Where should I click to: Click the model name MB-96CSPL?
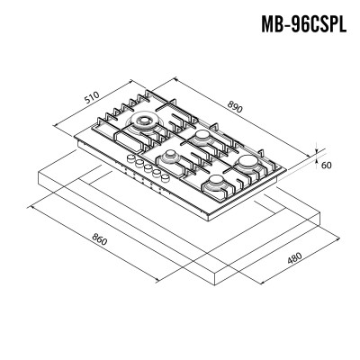[x=303, y=23]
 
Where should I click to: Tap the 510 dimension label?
[x=91, y=97]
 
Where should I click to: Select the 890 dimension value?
[x=235, y=107]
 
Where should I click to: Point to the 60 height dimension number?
[x=326, y=165]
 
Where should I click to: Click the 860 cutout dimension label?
[x=99, y=239]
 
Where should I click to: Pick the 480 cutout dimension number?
[x=294, y=258]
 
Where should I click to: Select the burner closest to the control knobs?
[x=170, y=157]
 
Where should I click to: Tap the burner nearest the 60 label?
[x=247, y=162]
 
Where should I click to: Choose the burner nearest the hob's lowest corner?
[x=216, y=183]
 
